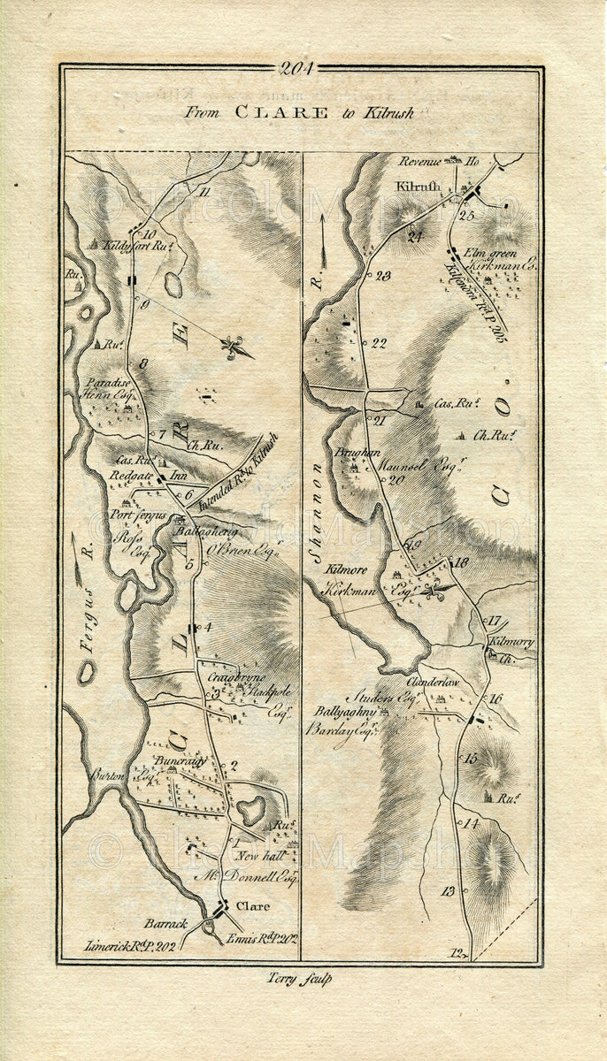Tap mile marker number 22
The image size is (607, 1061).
[x=380, y=344]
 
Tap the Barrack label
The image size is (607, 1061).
[x=166, y=924]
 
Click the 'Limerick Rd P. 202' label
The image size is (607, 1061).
[x=130, y=945]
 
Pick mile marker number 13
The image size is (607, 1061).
[x=448, y=891]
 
